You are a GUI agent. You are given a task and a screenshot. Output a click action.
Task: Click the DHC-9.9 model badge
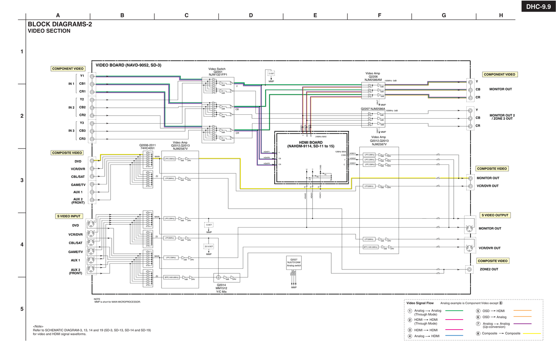tap(538, 6)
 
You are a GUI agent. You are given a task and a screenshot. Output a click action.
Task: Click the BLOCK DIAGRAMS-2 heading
tap(60, 24)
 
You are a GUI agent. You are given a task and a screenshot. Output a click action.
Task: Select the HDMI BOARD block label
tap(311, 144)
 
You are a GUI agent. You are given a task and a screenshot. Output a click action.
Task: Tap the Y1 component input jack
tap(92, 76)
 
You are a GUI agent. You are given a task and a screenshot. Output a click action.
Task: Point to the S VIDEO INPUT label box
tap(69, 216)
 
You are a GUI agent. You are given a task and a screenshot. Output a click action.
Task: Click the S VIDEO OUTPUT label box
tap(495, 215)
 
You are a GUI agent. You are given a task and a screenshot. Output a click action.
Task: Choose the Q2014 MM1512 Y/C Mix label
tap(221, 288)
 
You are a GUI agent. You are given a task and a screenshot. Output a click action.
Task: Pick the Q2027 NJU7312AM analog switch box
tap(294, 263)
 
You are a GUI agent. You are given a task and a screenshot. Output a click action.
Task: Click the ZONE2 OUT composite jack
tap(469, 270)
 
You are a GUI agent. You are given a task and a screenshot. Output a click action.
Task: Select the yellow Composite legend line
tap(532, 333)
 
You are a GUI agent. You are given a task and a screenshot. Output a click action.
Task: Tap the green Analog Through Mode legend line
tap(454, 311)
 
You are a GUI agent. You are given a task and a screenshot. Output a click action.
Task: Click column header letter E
tap(315, 15)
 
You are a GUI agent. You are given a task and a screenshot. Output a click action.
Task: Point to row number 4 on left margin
tap(22, 244)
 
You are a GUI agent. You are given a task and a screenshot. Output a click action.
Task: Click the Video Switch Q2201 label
tap(217, 72)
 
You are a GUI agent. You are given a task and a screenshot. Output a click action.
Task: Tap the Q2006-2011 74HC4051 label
tap(147, 147)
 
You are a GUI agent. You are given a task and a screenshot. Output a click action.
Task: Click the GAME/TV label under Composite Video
tap(78, 185)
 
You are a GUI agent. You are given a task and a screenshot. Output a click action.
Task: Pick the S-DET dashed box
tap(209, 224)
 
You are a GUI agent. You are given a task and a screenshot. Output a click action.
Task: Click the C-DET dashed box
tap(271, 73)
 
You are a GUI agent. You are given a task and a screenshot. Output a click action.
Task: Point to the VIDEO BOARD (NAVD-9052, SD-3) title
tap(129, 65)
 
